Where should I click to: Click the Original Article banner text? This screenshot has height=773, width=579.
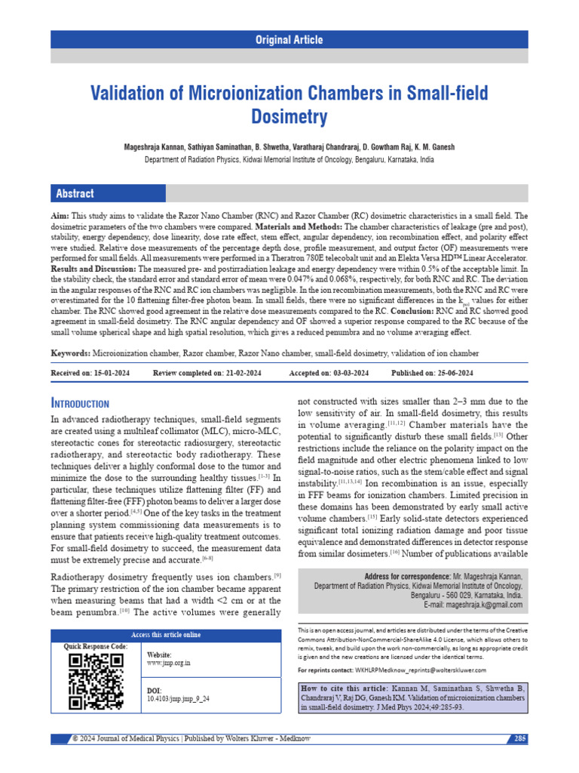pyautogui.click(x=289, y=40)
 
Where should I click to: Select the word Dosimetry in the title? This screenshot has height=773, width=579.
pyautogui.click(x=289, y=117)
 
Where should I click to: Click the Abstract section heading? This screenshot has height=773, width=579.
pyautogui.click(x=75, y=194)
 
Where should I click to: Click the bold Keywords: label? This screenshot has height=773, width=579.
pyautogui.click(x=70, y=353)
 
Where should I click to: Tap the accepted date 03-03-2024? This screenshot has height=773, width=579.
pyautogui.click(x=348, y=373)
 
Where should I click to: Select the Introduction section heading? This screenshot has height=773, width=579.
pyautogui.click(x=80, y=404)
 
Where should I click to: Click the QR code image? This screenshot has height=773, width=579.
pyautogui.click(x=96, y=681)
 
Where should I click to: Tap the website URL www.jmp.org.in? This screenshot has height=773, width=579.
pyautogui.click(x=168, y=662)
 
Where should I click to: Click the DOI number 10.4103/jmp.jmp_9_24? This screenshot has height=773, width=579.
pyautogui.click(x=178, y=699)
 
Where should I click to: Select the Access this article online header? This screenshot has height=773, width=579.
pyautogui.click(x=166, y=635)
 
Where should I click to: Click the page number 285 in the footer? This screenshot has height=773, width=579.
pyautogui.click(x=519, y=738)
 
